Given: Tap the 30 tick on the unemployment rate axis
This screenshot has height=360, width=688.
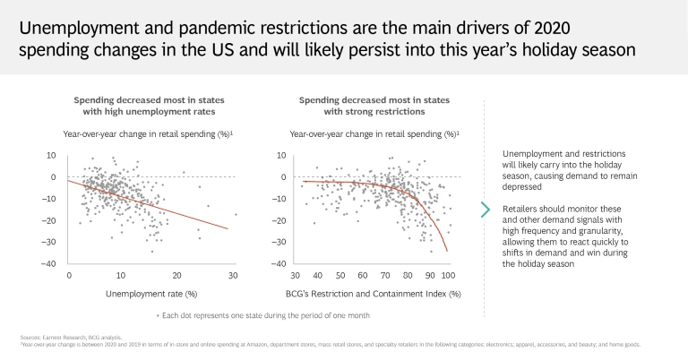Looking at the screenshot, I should click(x=234, y=275).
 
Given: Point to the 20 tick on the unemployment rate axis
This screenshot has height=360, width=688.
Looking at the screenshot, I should click(x=178, y=275).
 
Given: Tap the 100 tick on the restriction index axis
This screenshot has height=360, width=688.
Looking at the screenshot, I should click(x=448, y=275).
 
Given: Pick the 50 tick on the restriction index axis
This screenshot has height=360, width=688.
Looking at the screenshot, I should click(x=340, y=275).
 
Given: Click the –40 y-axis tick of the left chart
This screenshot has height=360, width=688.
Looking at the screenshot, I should click(x=51, y=263).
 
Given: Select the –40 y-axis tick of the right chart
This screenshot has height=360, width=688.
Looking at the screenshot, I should click(x=279, y=263).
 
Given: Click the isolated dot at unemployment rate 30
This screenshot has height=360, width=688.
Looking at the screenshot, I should click(x=236, y=214).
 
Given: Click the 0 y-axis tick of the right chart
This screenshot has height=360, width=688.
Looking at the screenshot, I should click(x=283, y=176).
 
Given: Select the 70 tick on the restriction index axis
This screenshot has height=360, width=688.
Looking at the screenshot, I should click(x=383, y=275).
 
